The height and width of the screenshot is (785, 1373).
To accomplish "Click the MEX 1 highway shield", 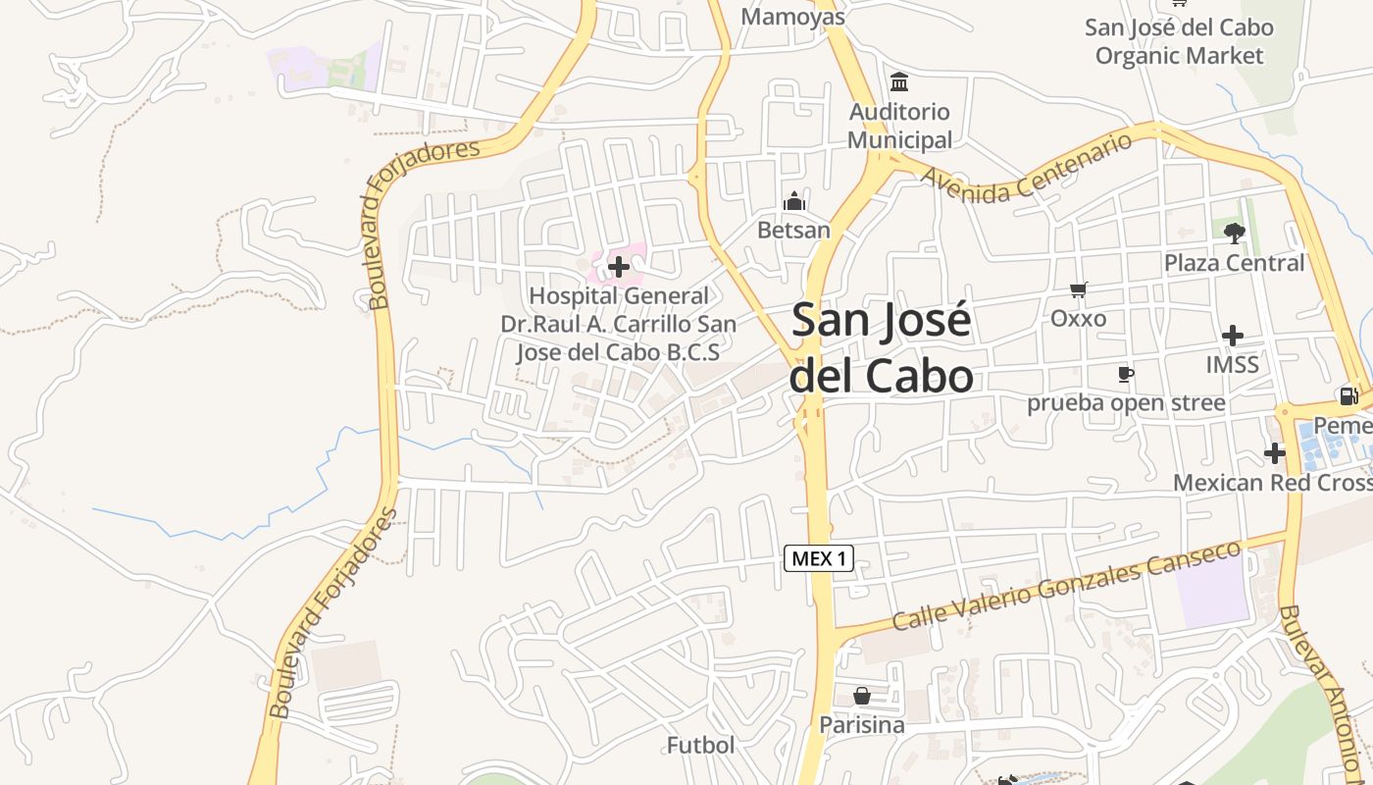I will (819, 559).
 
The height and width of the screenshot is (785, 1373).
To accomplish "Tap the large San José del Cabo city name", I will (881, 348).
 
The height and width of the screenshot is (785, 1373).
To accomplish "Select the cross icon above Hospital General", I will (619, 266).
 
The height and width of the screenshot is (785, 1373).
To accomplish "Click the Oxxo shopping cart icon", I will (1079, 289).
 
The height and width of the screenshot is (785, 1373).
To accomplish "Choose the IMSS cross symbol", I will (1233, 336).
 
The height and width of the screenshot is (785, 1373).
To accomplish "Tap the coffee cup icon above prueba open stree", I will (1125, 374).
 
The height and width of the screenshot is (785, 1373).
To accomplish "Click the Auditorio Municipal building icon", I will (899, 81).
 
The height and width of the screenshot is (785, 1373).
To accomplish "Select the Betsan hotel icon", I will (793, 202).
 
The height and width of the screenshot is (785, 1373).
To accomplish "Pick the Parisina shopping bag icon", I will (862, 696).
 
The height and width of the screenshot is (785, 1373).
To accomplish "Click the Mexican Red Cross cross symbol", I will (1274, 453).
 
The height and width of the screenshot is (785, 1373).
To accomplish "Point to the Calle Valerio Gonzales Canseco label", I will (1067, 587).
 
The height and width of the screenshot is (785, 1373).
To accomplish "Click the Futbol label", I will (700, 745).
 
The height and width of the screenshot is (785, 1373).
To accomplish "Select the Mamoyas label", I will (792, 17).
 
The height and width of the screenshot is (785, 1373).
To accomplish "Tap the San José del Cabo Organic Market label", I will (1179, 41).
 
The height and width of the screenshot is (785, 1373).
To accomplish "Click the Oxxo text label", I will (1078, 318).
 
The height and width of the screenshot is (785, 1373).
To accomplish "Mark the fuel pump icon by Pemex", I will (1348, 396).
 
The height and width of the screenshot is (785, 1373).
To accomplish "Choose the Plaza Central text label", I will (1234, 263).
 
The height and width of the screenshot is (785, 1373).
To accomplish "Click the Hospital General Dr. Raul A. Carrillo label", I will (619, 324).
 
